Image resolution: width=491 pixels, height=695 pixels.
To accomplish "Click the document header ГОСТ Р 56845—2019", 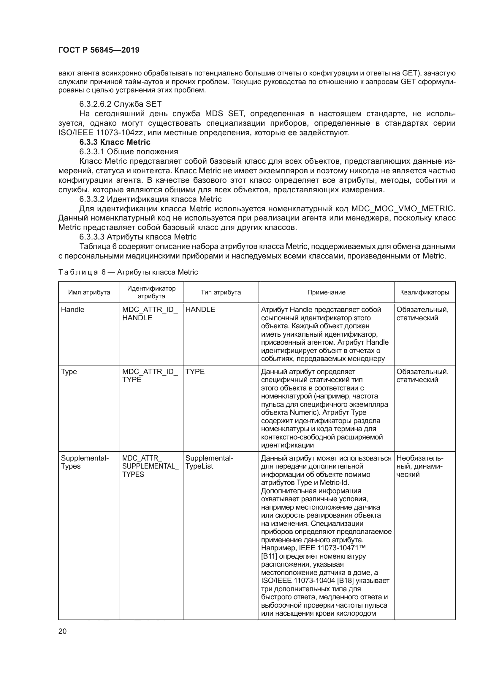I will click(x=99, y=50).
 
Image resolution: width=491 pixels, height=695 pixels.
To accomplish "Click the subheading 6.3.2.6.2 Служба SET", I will click(x=120, y=104).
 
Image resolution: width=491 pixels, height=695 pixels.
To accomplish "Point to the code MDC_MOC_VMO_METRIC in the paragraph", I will click(x=403, y=209).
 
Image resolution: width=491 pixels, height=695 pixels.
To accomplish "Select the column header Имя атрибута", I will click(x=89, y=292).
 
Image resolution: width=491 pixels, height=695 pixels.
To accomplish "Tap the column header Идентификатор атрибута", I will click(x=151, y=292).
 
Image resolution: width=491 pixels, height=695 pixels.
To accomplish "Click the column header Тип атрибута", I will click(x=221, y=292).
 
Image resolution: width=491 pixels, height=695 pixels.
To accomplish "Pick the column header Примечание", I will click(x=326, y=292).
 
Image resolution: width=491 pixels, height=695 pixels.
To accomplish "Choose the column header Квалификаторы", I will click(x=425, y=292).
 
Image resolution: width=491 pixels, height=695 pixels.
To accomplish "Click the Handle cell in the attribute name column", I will click(x=72, y=310).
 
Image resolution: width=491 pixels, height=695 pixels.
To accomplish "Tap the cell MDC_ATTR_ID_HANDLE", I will click(x=150, y=313).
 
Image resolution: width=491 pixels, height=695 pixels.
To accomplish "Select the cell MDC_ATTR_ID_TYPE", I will click(x=150, y=375).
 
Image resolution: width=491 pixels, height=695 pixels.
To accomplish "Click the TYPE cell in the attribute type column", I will click(x=195, y=371).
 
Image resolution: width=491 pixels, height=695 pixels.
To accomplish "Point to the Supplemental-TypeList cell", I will click(x=209, y=462).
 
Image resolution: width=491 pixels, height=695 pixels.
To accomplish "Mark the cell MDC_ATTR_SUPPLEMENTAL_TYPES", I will click(x=150, y=466).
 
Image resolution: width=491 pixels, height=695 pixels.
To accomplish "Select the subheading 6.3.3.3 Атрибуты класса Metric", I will click(x=138, y=237).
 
